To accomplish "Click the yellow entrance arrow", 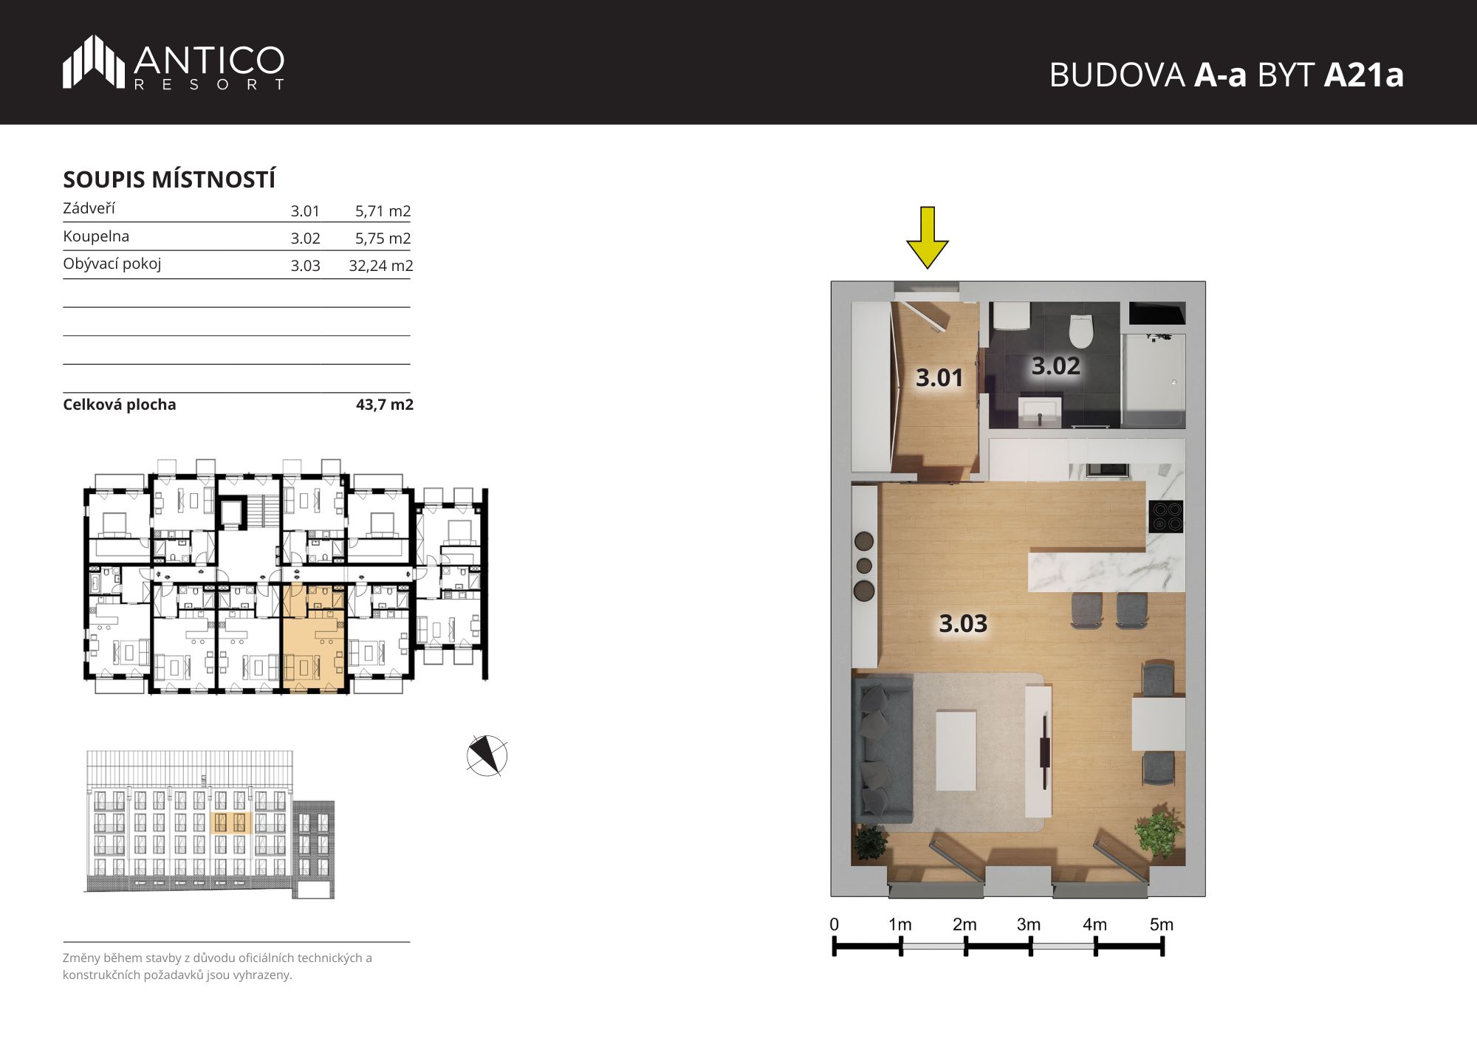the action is (927, 237).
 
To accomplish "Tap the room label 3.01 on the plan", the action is (939, 378).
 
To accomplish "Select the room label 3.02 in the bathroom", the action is (1055, 365).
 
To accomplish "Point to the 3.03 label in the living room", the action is (963, 623).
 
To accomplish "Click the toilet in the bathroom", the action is (1080, 331).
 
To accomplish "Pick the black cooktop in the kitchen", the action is (1166, 516).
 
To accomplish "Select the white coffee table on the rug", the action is (956, 750).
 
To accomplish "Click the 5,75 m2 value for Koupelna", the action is (383, 238).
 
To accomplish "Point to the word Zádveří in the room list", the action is (89, 208).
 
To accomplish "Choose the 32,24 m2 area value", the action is (380, 266).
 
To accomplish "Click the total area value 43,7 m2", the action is (385, 405).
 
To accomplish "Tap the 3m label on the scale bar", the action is (1029, 924).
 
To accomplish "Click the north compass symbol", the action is (487, 756).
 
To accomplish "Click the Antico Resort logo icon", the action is (94, 61).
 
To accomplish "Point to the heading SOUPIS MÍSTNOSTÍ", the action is (169, 179).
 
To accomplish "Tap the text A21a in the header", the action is (1363, 75).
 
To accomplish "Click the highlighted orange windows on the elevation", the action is (232, 823).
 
